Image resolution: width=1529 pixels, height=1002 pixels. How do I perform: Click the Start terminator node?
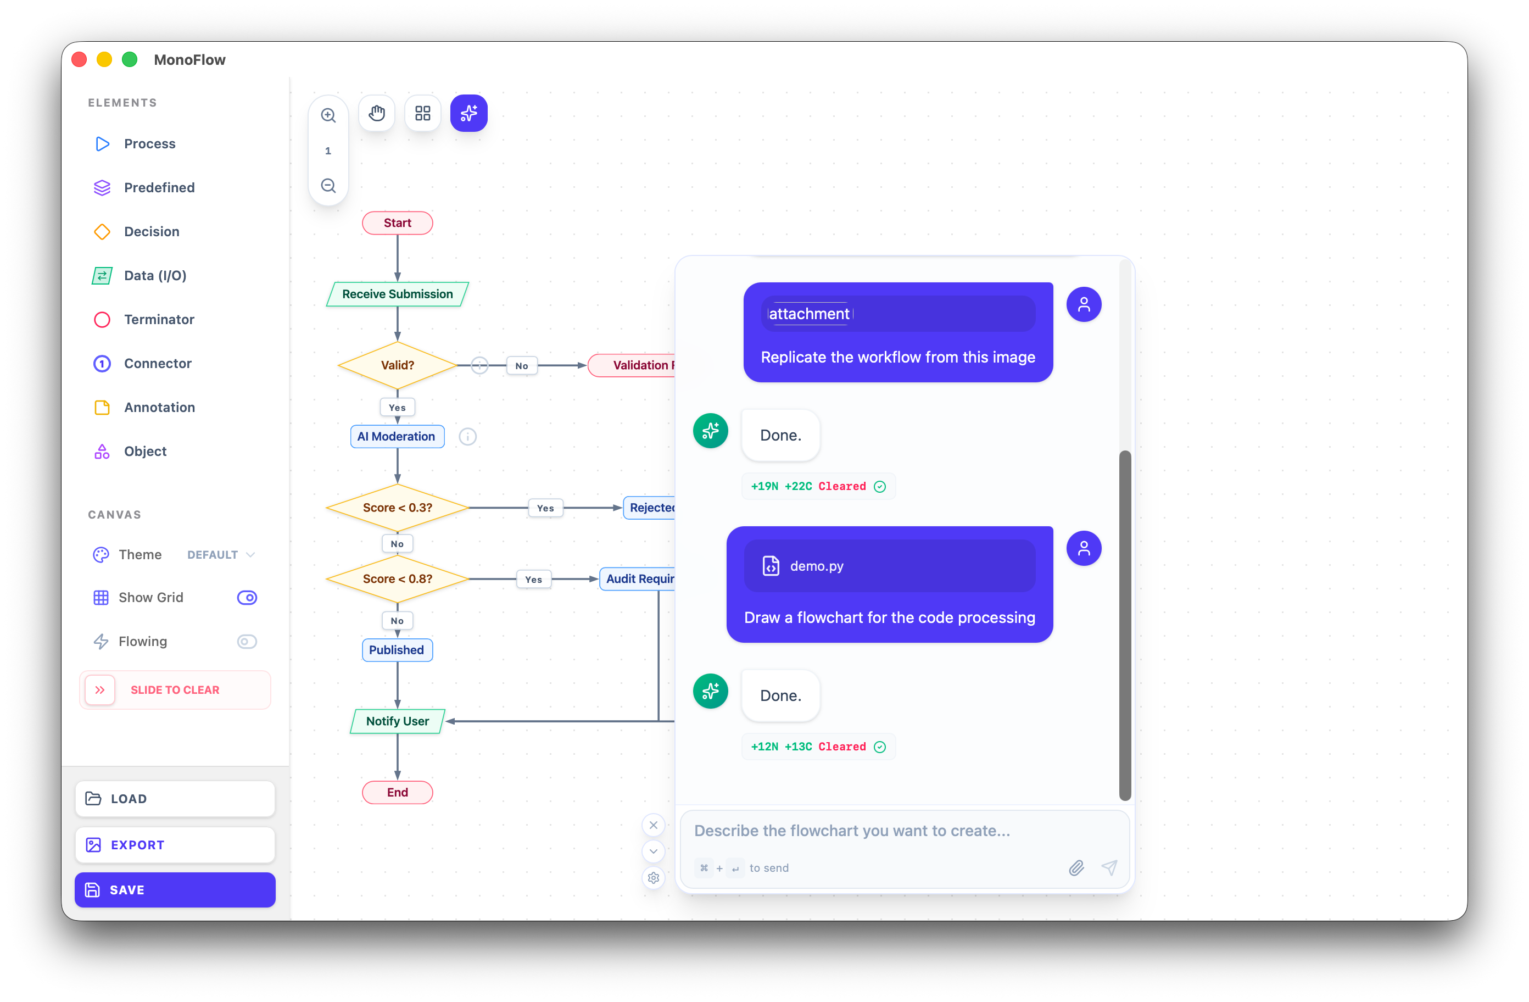(397, 223)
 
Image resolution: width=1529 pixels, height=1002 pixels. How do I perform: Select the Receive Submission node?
(397, 294)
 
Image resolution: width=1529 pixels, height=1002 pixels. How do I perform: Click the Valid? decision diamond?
(397, 365)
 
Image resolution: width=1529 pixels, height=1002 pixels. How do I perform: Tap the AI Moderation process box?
(397, 436)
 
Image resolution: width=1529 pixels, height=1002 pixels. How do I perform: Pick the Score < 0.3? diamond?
(397, 508)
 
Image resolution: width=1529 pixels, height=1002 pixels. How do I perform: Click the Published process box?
(397, 650)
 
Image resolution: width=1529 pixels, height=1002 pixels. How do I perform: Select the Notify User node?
(397, 721)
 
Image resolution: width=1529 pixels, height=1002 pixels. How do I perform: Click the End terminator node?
(397, 793)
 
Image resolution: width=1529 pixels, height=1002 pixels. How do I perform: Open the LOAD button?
(175, 798)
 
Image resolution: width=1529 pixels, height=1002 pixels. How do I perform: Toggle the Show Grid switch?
(247, 598)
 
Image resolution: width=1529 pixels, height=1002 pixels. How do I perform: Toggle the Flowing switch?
(247, 642)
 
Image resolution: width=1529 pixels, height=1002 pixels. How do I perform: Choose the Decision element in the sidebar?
(152, 231)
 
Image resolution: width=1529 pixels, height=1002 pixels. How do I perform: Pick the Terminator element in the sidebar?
(159, 319)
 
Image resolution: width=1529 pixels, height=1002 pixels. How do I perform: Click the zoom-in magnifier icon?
(328, 115)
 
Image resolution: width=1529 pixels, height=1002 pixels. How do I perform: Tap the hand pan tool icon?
(376, 114)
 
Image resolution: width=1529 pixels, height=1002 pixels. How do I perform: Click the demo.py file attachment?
(889, 566)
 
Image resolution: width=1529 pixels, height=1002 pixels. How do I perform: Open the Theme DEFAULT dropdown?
(220, 555)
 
